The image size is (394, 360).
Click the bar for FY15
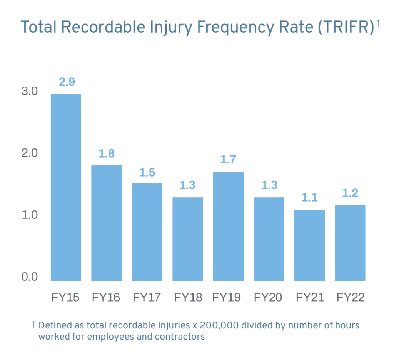coord(66,187)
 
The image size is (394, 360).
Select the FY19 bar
coord(228,226)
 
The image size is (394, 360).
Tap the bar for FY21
coord(309,245)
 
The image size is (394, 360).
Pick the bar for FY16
coord(107,223)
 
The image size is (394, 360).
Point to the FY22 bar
coord(350,243)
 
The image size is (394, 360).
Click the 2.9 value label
coord(66,82)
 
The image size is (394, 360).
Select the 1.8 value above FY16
coord(107,153)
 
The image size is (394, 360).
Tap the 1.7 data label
coord(228,159)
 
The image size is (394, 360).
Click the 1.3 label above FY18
coord(188,185)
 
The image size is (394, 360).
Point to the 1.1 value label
coord(309,198)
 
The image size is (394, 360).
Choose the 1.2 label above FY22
coord(350,193)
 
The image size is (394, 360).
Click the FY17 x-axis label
coord(147,297)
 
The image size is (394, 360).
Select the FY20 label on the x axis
coord(268,297)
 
